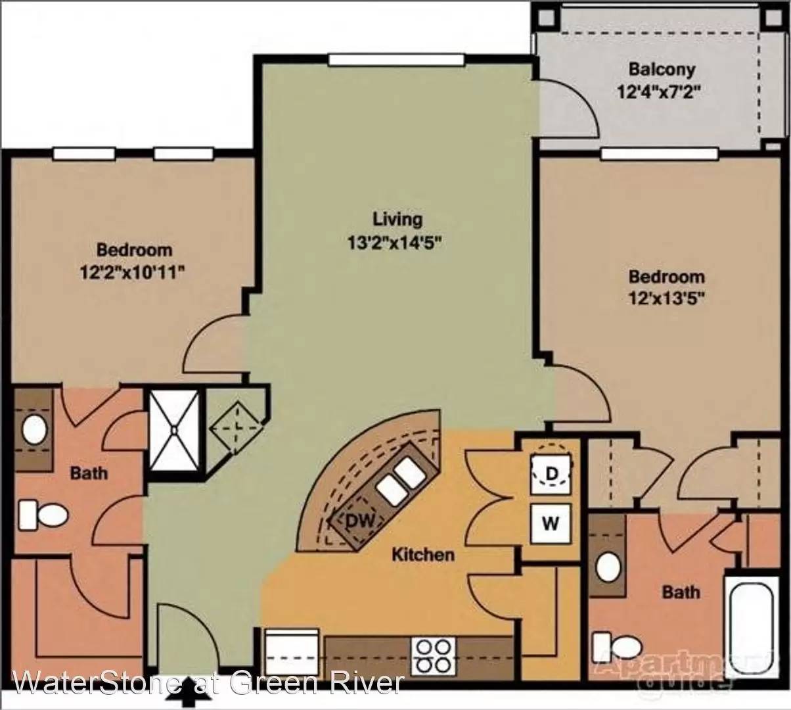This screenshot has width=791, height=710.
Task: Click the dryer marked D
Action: [551, 475]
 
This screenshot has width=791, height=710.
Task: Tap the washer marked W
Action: [551, 523]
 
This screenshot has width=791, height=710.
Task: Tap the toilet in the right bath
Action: [618, 647]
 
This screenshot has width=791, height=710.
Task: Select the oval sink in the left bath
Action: [34, 429]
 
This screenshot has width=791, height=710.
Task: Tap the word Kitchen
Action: [423, 554]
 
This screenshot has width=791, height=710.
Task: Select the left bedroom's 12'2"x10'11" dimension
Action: [131, 272]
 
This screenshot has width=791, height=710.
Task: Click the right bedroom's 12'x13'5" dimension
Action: [666, 299]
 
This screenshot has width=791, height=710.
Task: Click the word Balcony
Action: [662, 70]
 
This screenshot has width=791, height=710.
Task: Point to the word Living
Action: [398, 220]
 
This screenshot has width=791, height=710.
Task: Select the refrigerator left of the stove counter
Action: [292, 651]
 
